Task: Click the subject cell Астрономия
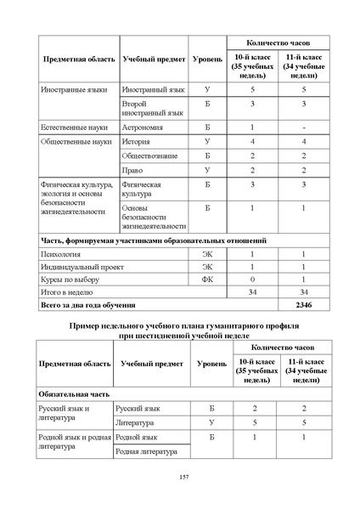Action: click(x=143, y=126)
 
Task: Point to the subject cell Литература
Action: click(x=141, y=421)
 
